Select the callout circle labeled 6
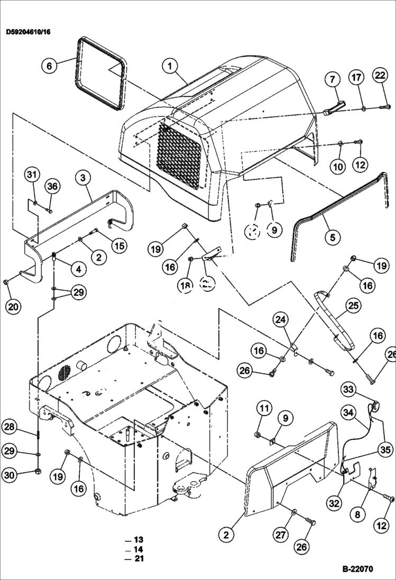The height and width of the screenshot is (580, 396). click(49, 66)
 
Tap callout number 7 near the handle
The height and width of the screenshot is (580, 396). click(333, 80)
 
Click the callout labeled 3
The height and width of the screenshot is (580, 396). click(84, 178)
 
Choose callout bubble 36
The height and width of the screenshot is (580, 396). click(52, 186)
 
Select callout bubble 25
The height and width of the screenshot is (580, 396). click(353, 305)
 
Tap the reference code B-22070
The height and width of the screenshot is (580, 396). click(357, 569)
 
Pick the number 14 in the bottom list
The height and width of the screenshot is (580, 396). click(139, 549)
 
